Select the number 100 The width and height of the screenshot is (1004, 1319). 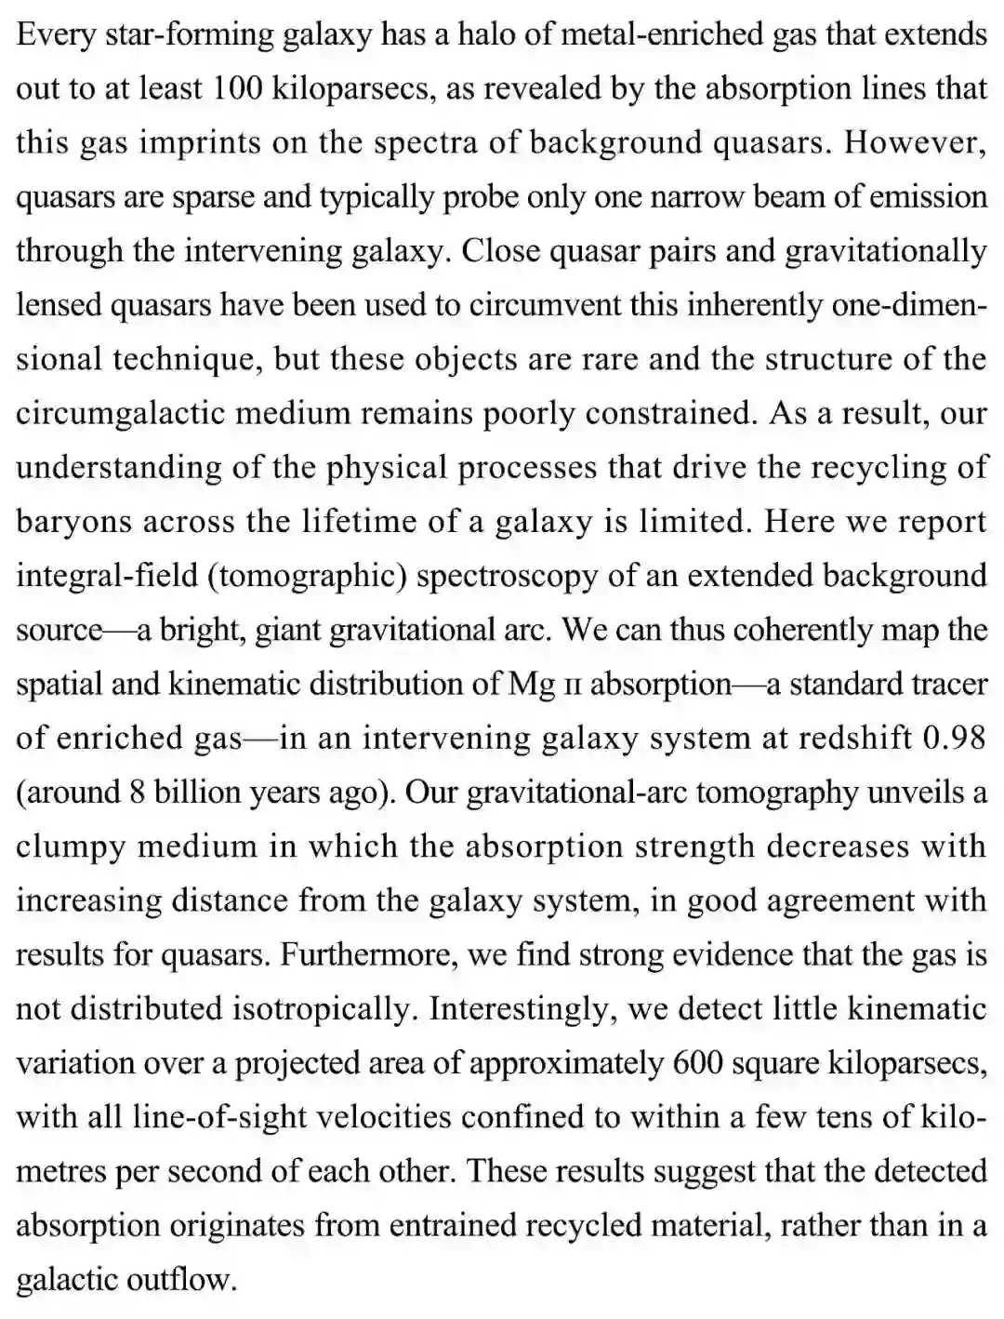pyautogui.click(x=242, y=89)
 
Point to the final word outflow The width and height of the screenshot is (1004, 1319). pyautogui.click(x=182, y=1280)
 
